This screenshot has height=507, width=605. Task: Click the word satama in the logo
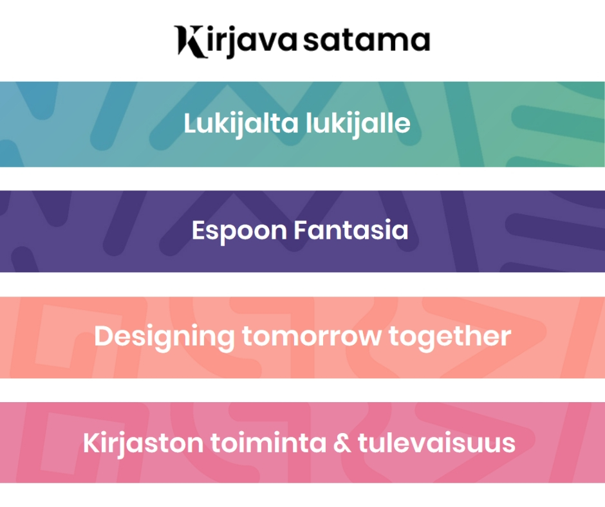367,40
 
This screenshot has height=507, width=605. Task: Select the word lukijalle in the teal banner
358,124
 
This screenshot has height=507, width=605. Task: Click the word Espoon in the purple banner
239,231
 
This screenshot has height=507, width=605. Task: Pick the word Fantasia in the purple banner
351,230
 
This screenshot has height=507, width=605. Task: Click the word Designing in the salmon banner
164,337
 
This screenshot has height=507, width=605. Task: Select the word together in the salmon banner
450,337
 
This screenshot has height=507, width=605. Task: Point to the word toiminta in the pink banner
268,443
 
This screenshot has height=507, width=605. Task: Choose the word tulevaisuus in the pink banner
437,443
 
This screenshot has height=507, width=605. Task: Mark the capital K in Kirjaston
92,443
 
